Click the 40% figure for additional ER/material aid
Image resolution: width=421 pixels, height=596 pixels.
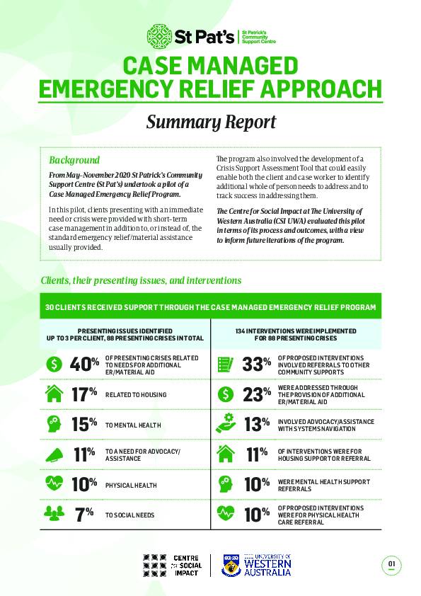click(x=83, y=364)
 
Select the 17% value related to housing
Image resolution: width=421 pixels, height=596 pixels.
click(x=83, y=394)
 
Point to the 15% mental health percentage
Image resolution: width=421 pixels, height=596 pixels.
click(x=83, y=424)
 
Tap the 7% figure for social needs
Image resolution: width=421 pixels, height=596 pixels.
click(x=85, y=515)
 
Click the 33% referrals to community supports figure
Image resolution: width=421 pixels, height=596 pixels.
click(x=257, y=364)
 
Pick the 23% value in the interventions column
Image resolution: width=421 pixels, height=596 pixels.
click(x=257, y=394)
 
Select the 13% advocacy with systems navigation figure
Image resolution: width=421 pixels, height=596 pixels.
click(x=257, y=424)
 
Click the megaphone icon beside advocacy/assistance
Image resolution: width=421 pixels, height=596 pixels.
click(x=54, y=454)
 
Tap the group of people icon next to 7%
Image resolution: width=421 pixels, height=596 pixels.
click(x=54, y=515)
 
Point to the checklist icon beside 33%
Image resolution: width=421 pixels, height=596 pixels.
click(x=226, y=364)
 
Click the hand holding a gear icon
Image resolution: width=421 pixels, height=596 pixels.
click(x=226, y=423)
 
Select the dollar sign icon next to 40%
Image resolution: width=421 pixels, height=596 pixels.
click(x=54, y=364)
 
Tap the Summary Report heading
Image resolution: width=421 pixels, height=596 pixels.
click(x=210, y=122)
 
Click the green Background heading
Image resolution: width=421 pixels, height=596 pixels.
click(x=74, y=160)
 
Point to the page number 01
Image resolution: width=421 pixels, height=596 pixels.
click(x=391, y=564)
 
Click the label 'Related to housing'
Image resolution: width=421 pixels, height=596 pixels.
click(x=136, y=395)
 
